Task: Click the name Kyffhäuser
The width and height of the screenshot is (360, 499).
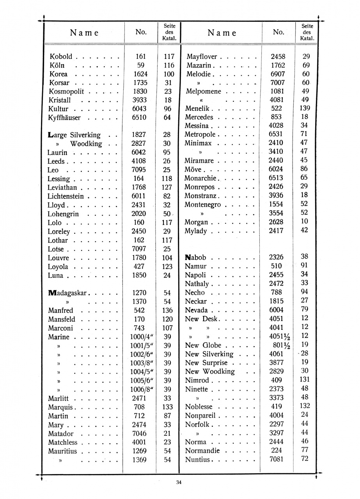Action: pyautogui.click(x=65, y=118)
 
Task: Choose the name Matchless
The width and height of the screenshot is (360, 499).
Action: pyautogui.click(x=63, y=442)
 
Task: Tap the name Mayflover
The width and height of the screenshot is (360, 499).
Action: pyautogui.click(x=201, y=57)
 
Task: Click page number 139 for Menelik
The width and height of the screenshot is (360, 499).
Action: pyautogui.click(x=305, y=108)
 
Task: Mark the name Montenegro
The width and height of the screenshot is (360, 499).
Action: pyautogui.click(x=203, y=205)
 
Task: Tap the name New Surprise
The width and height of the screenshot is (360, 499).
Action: pyautogui.click(x=206, y=363)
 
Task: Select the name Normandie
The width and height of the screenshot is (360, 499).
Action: pyautogui.click(x=202, y=451)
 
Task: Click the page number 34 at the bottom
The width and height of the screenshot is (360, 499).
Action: pyautogui.click(x=179, y=482)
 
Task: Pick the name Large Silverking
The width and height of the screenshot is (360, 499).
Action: pyautogui.click(x=74, y=135)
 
